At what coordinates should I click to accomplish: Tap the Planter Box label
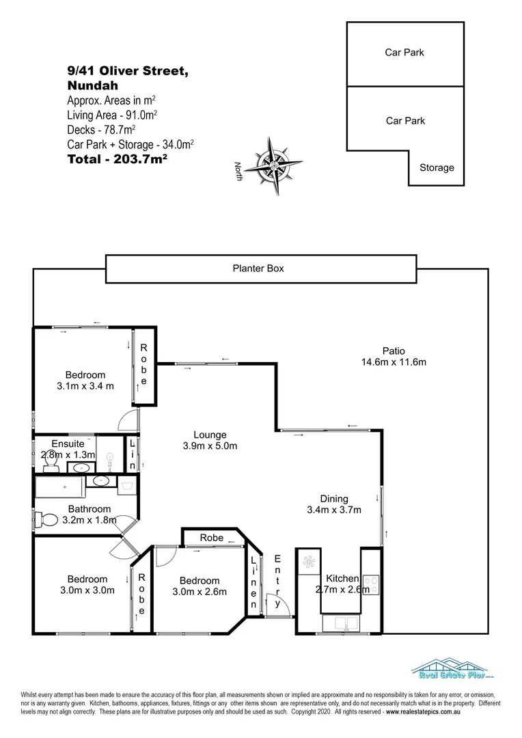coord(258,269)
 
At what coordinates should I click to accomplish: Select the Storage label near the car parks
coord(436,167)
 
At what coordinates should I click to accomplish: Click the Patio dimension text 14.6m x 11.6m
coord(394,362)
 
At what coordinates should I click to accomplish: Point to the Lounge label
coord(210,435)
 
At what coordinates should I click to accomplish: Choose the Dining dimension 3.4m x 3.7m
coord(334,510)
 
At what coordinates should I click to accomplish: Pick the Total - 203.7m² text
coord(118,159)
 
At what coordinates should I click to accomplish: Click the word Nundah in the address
coord(93,86)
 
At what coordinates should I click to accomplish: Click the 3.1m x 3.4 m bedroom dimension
coord(85,386)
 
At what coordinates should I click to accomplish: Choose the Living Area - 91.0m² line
coord(113,115)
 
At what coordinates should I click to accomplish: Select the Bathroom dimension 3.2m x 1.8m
coord(90,520)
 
